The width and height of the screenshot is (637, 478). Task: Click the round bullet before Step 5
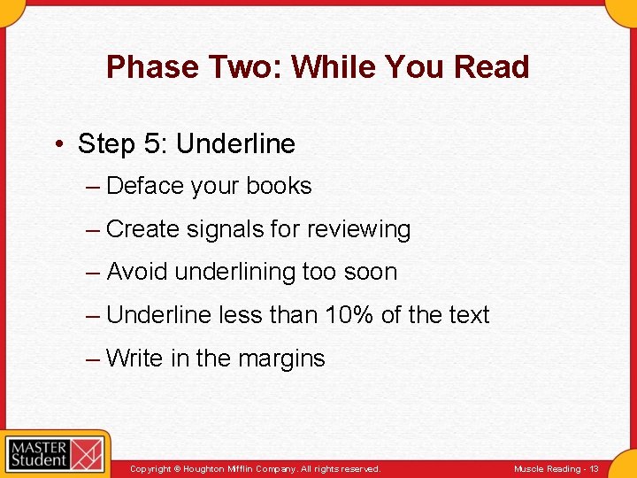pos(58,144)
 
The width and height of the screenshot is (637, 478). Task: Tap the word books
pos(279,186)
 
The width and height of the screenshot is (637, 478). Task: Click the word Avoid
pos(137,272)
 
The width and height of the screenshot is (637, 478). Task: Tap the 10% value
pos(341,315)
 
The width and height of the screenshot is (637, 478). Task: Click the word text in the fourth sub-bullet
pos(465,315)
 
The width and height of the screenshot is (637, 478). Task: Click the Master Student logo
pos(55,454)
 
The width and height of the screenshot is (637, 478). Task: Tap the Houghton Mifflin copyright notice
pos(255,468)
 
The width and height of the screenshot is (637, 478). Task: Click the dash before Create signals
pos(94,229)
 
